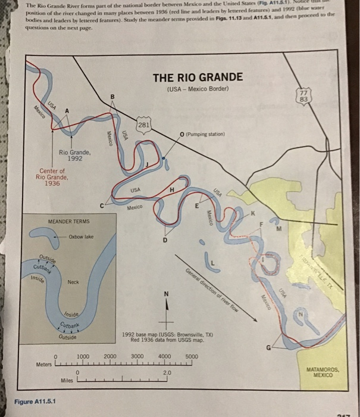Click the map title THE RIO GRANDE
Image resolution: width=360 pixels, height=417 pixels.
click(198, 77)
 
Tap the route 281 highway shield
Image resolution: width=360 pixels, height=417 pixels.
click(143, 125)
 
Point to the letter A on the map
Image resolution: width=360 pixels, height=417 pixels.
click(67, 111)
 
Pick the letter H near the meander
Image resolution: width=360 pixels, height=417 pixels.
click(172, 189)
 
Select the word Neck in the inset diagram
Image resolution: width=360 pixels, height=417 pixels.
click(74, 282)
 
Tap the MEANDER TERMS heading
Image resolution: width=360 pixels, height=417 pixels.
click(68, 222)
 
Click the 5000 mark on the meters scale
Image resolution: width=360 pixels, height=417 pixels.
click(191, 356)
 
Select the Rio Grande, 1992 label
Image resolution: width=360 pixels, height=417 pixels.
click(74, 155)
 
